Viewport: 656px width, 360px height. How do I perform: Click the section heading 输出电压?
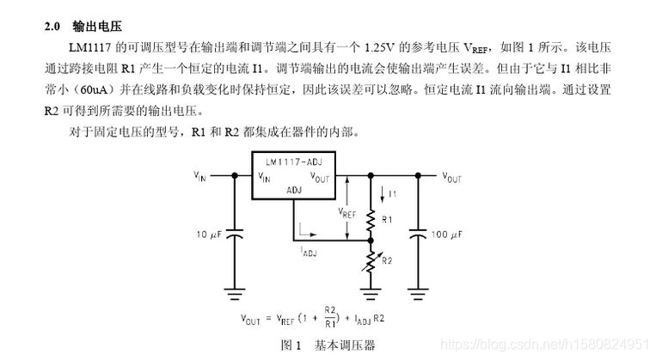click(97, 27)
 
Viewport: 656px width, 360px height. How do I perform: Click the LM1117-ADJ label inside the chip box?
click(294, 162)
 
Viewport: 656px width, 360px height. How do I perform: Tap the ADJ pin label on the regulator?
click(294, 190)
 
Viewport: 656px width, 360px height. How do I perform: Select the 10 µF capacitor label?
click(209, 235)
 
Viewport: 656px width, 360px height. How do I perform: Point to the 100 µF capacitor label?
click(446, 235)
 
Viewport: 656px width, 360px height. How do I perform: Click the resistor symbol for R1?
click(371, 221)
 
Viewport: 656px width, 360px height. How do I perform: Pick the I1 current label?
click(392, 194)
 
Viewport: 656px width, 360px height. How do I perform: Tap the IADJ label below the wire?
click(309, 251)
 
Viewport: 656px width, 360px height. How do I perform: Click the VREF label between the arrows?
click(346, 213)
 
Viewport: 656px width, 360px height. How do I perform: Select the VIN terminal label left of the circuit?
click(199, 176)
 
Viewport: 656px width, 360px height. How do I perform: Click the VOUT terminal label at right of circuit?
click(452, 178)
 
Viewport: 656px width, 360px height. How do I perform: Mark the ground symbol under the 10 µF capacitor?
click(234, 294)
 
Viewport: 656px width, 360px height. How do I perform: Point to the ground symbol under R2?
click(371, 294)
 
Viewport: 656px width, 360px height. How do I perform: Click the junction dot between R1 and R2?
click(371, 241)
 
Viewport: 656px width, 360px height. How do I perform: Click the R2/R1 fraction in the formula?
click(330, 317)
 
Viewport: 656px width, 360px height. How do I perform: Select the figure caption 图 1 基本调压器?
click(328, 345)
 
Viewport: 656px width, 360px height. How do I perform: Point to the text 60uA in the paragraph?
click(94, 89)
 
